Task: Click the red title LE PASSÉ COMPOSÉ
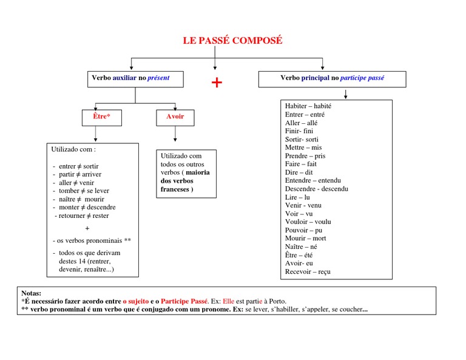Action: [232, 41]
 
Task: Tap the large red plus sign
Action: [217, 83]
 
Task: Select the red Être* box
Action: [96, 117]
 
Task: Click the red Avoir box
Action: [175, 117]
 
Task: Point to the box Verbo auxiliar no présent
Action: [130, 78]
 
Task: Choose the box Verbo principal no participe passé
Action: [332, 78]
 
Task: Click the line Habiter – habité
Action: [308, 106]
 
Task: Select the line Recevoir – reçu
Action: [308, 272]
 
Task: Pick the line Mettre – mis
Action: [303, 148]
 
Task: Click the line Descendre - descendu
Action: [317, 189]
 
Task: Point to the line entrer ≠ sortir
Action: [78, 166]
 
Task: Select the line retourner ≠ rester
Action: [83, 216]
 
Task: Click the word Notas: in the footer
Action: [32, 293]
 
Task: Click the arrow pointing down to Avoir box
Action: [175, 105]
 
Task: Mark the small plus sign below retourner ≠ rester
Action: [87, 228]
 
